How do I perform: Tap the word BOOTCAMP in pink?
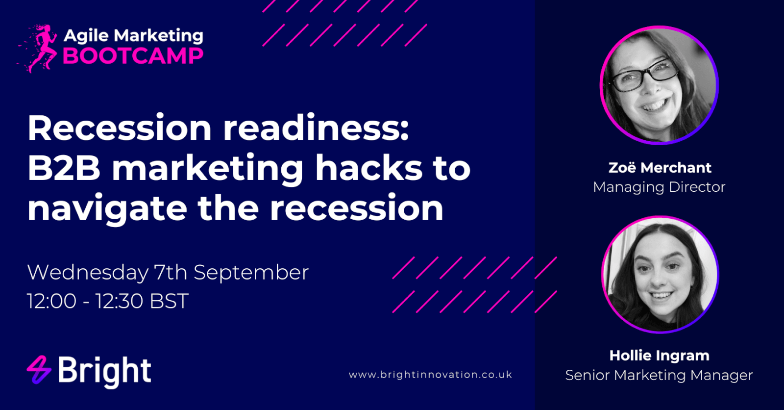coord(133,56)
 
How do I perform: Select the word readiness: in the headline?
coord(316,128)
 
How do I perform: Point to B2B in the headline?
coord(64,168)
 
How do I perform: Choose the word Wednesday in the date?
coord(88,273)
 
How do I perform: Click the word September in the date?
coord(251,273)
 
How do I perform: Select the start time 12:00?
coord(52,301)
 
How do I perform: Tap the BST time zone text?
coord(169,301)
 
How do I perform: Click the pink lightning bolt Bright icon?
coord(39,370)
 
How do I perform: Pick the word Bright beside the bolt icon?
coord(104,371)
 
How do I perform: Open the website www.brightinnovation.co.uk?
coord(431,375)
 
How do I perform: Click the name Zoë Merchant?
coord(660,168)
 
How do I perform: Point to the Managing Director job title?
coord(659,187)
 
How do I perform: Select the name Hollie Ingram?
coord(660,356)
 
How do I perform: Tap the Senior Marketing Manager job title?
coord(659,375)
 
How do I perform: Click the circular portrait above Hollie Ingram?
coord(660,274)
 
